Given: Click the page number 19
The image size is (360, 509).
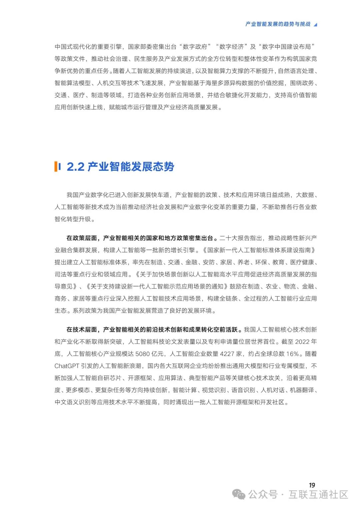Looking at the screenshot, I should click(312, 485).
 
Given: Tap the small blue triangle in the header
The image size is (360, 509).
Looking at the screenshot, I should click(315, 24).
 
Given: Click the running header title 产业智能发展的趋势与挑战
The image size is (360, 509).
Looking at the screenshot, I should click(278, 24).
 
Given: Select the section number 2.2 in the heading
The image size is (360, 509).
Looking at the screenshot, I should click(75, 166).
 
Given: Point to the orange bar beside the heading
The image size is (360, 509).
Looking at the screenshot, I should click(56, 166).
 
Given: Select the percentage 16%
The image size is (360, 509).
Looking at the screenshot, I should click(292, 354).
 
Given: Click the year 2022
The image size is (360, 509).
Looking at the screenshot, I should click(302, 342).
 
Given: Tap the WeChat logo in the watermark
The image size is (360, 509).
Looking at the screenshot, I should click(239, 494).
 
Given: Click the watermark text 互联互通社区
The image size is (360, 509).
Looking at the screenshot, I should click(318, 494).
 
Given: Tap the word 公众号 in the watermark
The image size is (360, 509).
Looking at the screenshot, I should click(263, 494).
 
